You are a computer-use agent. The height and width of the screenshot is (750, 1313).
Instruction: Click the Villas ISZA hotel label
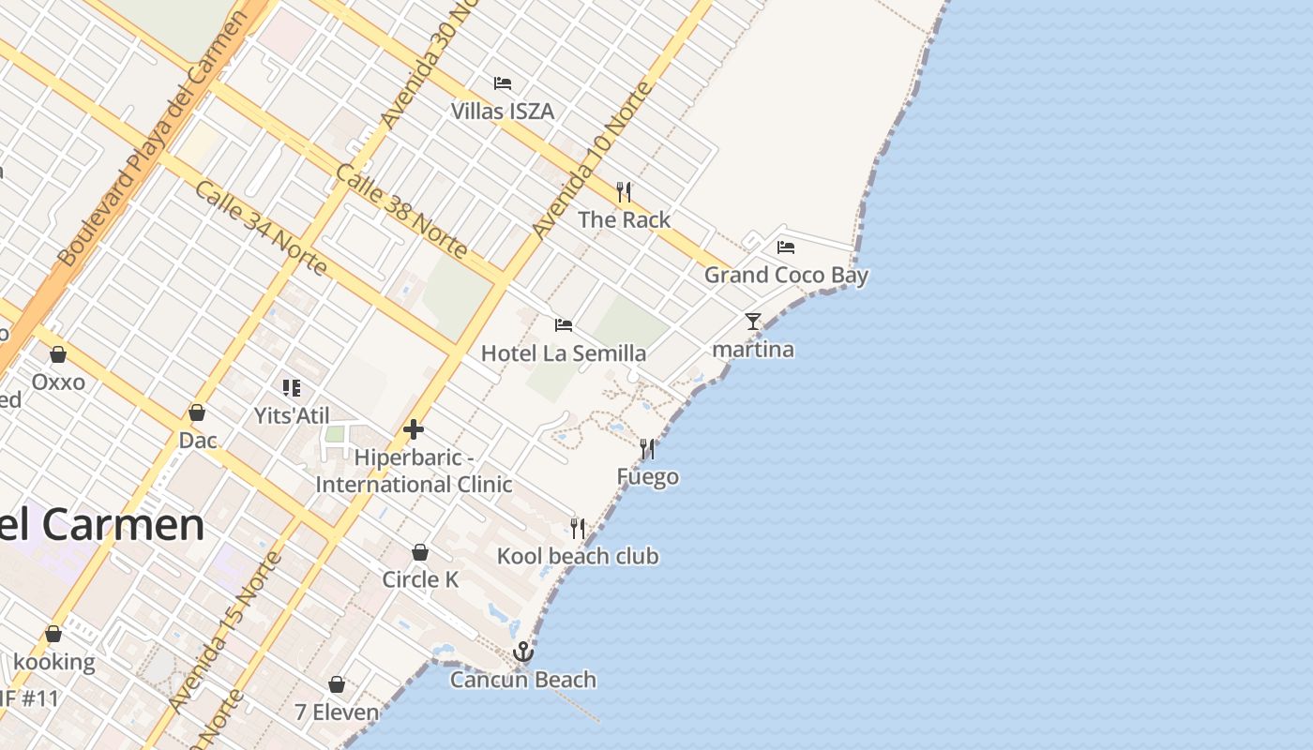tap(503, 112)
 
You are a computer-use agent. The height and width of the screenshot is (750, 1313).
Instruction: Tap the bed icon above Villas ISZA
tap(503, 82)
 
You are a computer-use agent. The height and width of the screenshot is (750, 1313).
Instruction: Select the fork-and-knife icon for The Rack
tap(624, 192)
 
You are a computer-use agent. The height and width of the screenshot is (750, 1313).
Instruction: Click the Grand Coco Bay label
tap(786, 276)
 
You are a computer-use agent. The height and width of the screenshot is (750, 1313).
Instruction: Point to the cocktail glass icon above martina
tap(753, 322)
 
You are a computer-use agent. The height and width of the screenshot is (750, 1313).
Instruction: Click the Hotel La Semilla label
tap(563, 353)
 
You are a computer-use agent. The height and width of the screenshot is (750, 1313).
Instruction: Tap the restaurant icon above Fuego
tap(647, 449)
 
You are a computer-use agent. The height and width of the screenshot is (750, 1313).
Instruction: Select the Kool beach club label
tap(578, 556)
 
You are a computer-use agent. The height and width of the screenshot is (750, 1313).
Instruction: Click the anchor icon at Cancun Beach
tap(523, 652)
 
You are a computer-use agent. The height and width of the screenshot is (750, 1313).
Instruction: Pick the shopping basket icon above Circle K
tap(420, 552)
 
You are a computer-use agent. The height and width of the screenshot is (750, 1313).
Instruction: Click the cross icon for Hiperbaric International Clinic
tap(414, 430)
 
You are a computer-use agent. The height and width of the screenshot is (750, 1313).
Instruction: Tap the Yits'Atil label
tap(292, 414)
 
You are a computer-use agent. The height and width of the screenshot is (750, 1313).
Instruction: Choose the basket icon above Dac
tap(197, 412)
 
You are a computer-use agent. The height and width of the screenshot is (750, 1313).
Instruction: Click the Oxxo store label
tap(58, 382)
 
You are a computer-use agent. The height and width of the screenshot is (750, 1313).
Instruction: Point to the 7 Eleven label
tap(337, 712)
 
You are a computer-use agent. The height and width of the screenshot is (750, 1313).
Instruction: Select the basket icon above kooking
tap(53, 635)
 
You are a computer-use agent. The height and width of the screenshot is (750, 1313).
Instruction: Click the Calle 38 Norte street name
tap(400, 211)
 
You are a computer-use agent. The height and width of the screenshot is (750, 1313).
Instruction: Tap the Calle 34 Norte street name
tap(261, 229)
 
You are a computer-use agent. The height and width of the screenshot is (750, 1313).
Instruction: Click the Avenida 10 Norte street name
tap(591, 159)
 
